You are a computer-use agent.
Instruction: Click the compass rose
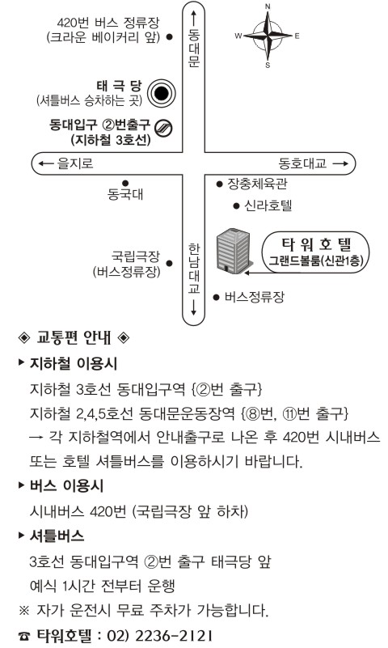point(268,36)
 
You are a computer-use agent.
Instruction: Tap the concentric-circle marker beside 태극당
point(162,93)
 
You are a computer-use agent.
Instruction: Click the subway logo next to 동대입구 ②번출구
point(163,128)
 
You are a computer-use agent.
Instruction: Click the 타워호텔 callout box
point(316,252)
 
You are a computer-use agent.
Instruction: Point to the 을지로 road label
point(75,163)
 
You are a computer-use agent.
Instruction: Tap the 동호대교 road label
point(302,163)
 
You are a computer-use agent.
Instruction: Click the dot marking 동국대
point(125,183)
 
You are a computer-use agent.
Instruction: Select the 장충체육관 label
point(257,184)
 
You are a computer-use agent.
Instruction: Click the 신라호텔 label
point(268,205)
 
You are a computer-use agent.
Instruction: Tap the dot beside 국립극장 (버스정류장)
point(169,263)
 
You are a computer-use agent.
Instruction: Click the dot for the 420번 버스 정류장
point(169,36)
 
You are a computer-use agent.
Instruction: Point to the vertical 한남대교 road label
point(193,269)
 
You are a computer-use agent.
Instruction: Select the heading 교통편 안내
point(74,337)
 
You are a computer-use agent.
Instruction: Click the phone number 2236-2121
point(174,635)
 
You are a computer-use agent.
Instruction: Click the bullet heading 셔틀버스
point(57,536)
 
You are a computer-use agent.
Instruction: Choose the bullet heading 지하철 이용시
point(74,364)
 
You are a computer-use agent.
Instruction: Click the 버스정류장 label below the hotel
point(255,297)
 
